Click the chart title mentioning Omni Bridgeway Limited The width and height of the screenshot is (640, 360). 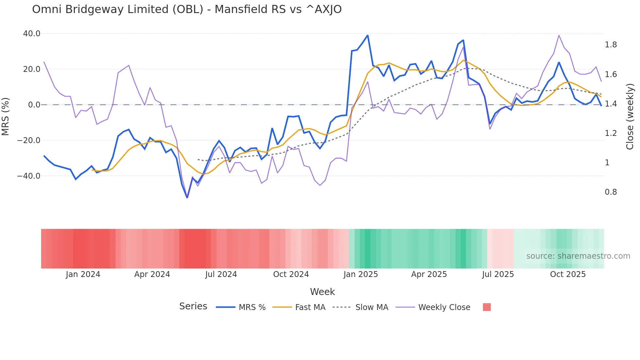187,9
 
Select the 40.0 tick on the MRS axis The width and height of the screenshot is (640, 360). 32,34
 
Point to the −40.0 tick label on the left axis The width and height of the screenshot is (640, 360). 29,176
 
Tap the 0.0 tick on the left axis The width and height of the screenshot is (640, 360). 34,105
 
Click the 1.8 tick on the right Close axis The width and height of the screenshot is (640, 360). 611,45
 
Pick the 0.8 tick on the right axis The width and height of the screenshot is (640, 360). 611,192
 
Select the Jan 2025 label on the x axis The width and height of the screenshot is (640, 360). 360,274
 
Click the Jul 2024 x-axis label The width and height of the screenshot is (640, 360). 221,274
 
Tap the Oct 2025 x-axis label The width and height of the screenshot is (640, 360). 568,274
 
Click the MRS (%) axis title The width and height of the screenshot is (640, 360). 6,117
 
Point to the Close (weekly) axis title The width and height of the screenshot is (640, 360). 630,117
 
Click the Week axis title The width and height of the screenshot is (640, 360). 322,292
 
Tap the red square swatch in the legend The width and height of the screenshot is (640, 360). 487,307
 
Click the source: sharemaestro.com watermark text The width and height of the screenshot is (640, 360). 578,256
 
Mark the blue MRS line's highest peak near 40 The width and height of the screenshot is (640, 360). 368,35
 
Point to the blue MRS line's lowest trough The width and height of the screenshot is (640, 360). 187,198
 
